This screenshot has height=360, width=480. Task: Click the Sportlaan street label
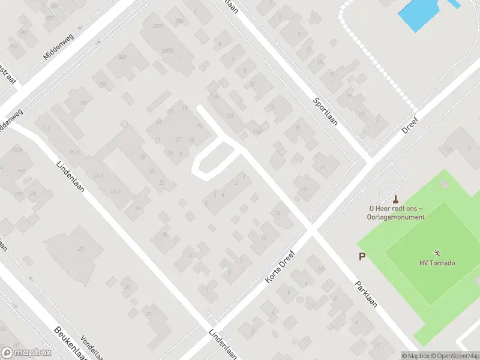(326, 111)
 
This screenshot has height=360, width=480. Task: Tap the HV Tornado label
(437, 263)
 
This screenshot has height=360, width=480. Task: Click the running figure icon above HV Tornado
(437, 253)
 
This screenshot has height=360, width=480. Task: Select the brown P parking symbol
(362, 257)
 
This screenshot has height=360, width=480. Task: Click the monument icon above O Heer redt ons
(395, 199)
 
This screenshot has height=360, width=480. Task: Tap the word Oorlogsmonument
(396, 217)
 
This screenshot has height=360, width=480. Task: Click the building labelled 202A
(157, 28)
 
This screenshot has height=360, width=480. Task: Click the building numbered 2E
(148, 314)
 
